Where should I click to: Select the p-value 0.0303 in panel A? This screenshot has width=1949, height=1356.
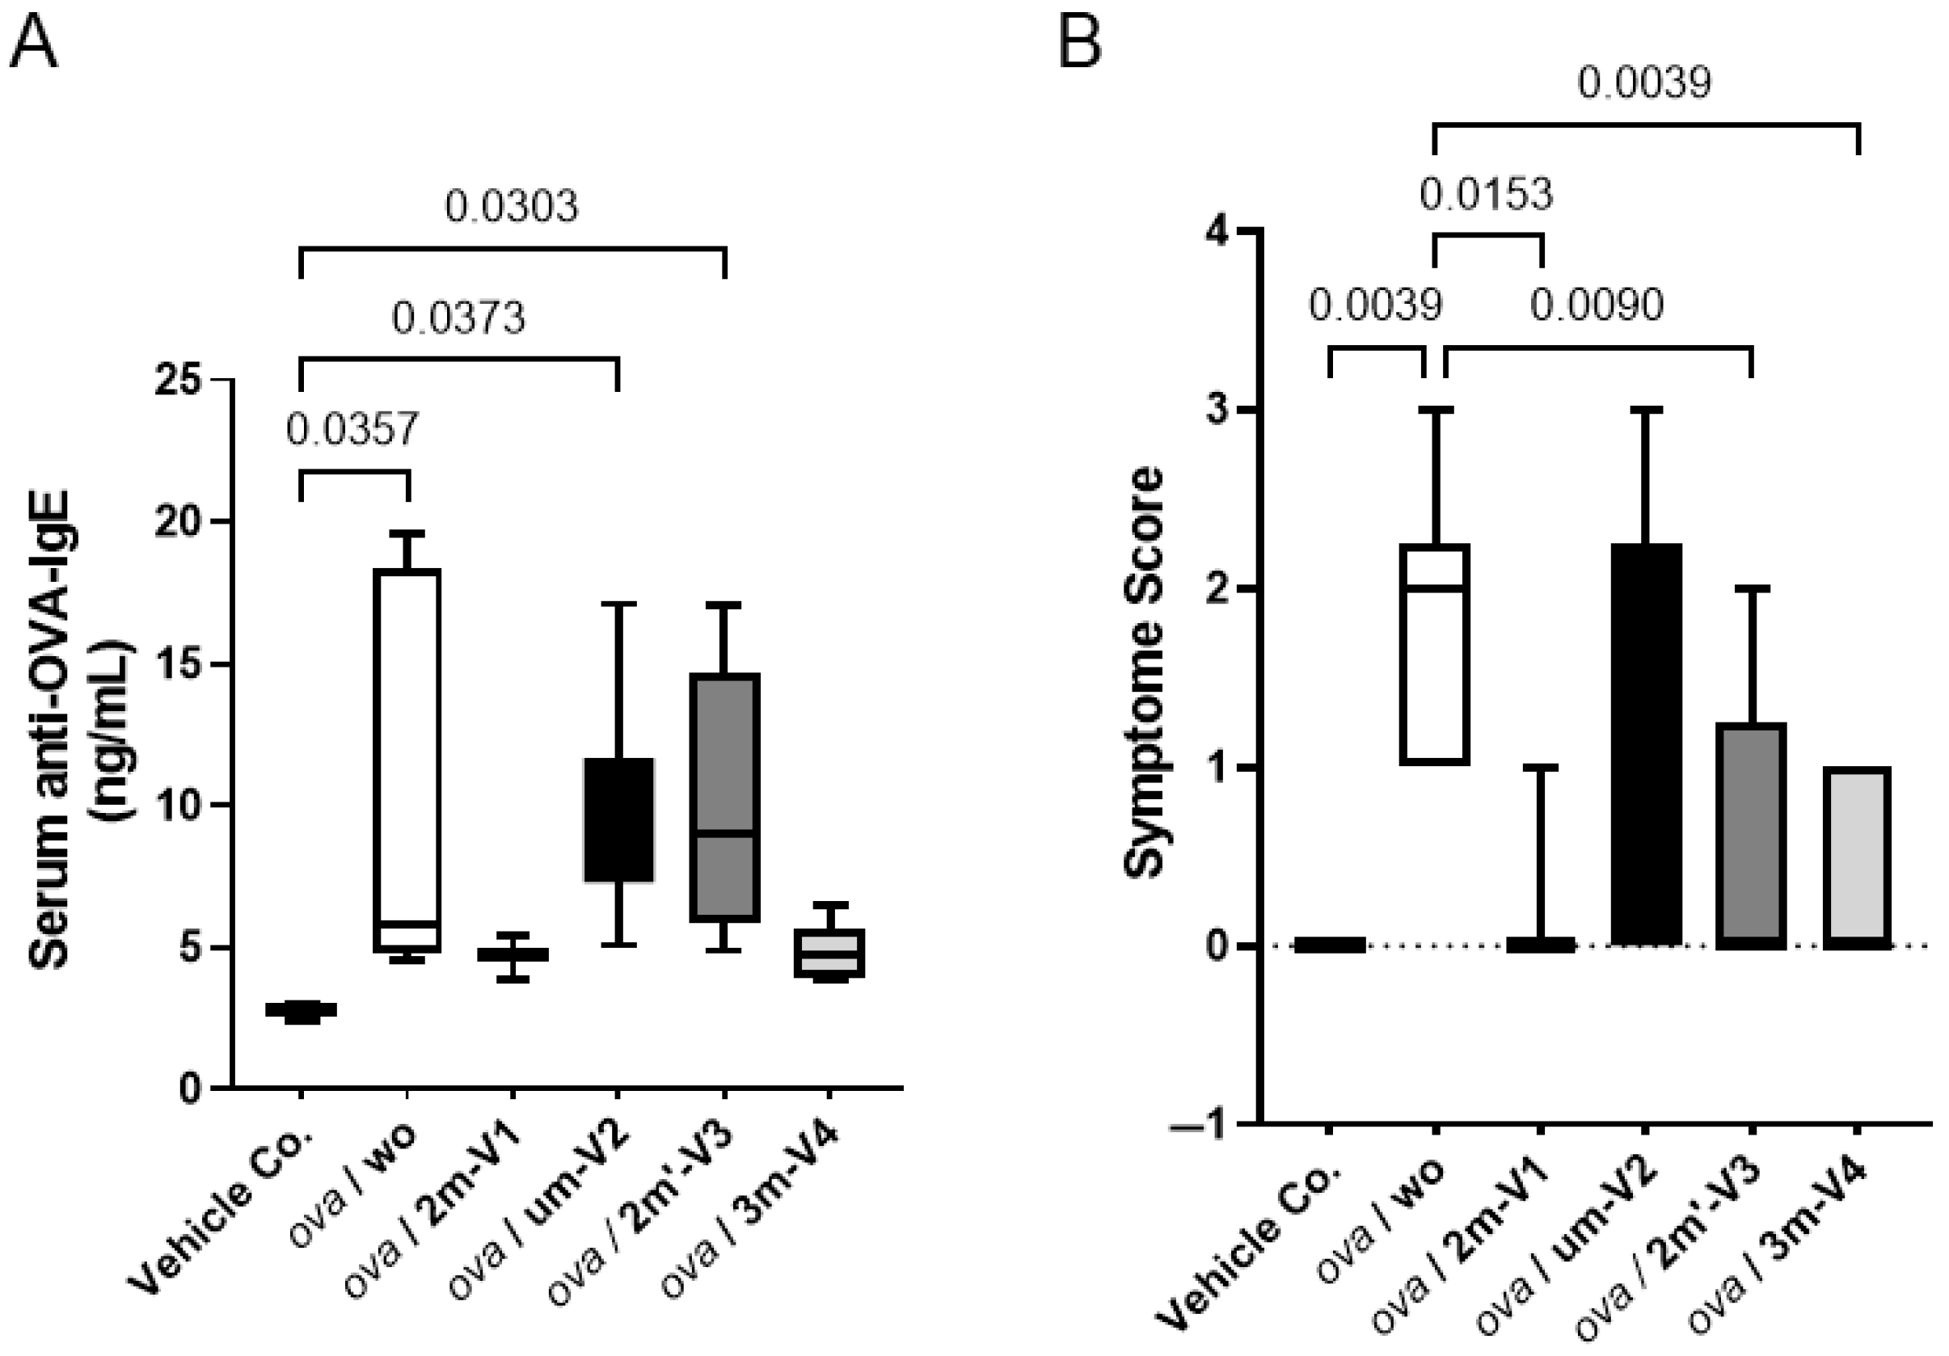[x=512, y=206]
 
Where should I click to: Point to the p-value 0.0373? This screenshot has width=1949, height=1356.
[x=458, y=318]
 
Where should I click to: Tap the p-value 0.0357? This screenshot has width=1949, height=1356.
[x=352, y=429]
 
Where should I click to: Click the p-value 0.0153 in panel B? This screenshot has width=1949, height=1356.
[x=1487, y=194]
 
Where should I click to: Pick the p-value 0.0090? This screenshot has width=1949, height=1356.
[x=1597, y=305]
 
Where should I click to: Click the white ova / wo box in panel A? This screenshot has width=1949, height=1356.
[x=407, y=760]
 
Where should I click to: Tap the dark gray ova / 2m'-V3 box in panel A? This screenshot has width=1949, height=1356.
[x=724, y=798]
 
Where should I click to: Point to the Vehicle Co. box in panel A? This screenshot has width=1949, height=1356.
[x=301, y=1010]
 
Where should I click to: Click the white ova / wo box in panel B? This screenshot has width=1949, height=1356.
[x=1435, y=655]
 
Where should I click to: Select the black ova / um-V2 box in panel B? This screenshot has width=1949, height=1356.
[x=1645, y=745]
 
